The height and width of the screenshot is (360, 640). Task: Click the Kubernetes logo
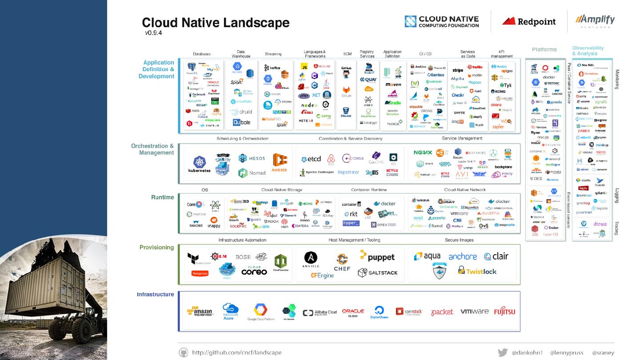(x=199, y=164)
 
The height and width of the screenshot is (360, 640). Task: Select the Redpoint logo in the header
(x=529, y=21)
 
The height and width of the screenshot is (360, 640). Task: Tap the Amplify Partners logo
(x=595, y=21)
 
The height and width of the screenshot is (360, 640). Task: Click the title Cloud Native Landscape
(x=216, y=23)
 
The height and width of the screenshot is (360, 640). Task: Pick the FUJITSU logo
(x=504, y=312)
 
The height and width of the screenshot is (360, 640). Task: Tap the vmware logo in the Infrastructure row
(x=475, y=312)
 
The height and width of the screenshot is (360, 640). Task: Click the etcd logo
(x=311, y=159)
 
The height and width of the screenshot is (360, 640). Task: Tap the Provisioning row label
(x=156, y=248)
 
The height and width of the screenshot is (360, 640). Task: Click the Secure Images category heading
(x=459, y=240)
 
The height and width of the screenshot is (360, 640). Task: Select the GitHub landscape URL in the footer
(x=236, y=352)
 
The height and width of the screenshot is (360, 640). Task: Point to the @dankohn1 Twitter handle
(x=527, y=352)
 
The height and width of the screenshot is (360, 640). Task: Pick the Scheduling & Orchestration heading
(x=242, y=139)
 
